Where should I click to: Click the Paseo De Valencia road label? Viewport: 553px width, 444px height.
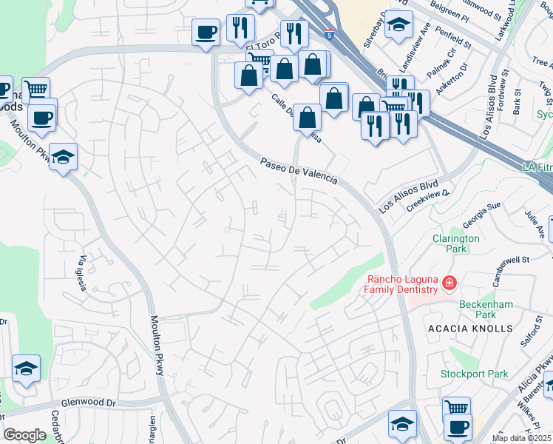point(298,171)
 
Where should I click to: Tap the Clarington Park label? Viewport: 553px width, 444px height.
point(456,243)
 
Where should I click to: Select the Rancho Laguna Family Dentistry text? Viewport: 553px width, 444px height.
point(403,284)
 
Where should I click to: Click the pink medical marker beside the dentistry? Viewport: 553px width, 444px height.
point(448,283)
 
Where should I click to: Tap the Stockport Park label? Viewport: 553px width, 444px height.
point(474,374)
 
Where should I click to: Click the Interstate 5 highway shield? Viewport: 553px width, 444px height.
point(328,34)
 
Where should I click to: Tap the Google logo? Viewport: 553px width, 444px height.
point(24,435)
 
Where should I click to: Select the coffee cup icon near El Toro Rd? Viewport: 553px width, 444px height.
point(206,32)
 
